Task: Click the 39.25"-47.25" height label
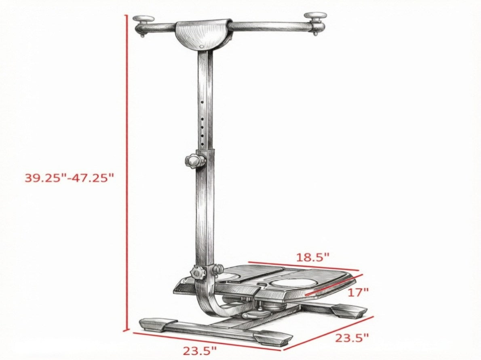70,178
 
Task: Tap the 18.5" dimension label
312,257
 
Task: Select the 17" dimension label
358,292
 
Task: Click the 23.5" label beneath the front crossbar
200,350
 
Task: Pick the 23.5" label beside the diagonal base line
352,338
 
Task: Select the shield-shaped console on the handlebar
203,35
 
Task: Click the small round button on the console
201,47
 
